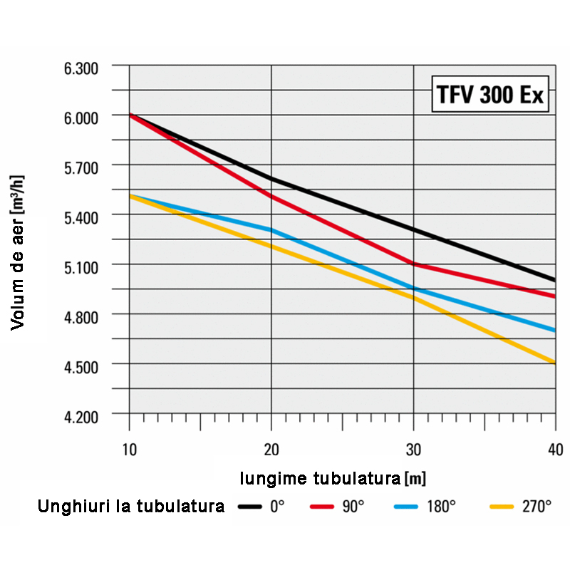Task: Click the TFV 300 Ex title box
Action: coord(491,95)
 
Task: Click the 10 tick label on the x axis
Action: coord(129,449)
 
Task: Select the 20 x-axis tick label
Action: coord(271,449)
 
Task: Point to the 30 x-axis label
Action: coord(414,449)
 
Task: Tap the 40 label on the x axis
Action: coord(555,449)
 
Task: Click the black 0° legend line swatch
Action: coord(251,507)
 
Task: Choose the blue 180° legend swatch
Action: coord(407,507)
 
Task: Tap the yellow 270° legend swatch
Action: coord(503,507)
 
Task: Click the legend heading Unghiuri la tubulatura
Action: coord(131,507)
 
